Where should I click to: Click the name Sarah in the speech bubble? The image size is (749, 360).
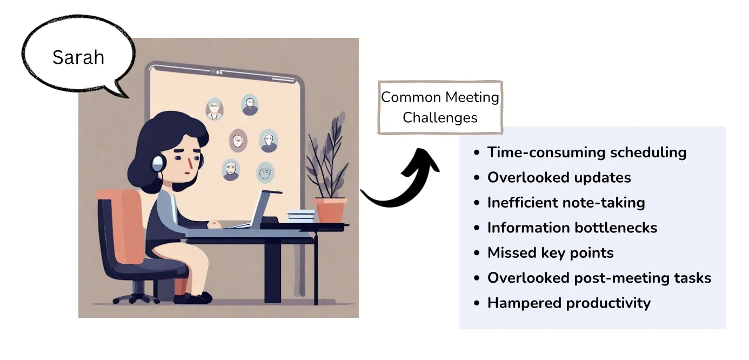point(78,57)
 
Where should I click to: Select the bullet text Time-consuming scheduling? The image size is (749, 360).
point(586,152)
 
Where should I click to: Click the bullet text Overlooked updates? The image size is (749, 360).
point(559,177)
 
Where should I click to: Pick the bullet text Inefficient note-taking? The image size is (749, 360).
point(566,203)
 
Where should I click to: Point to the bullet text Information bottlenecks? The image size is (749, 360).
point(572,228)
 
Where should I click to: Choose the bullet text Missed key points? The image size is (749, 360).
point(550,252)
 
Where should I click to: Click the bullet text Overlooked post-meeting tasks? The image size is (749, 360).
point(599,278)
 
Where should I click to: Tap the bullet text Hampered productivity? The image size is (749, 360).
point(569,303)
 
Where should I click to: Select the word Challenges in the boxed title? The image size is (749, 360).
point(440,117)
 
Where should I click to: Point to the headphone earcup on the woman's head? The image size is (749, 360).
point(157,162)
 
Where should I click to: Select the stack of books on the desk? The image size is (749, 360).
point(300,215)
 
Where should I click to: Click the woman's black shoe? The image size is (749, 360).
point(197,297)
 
